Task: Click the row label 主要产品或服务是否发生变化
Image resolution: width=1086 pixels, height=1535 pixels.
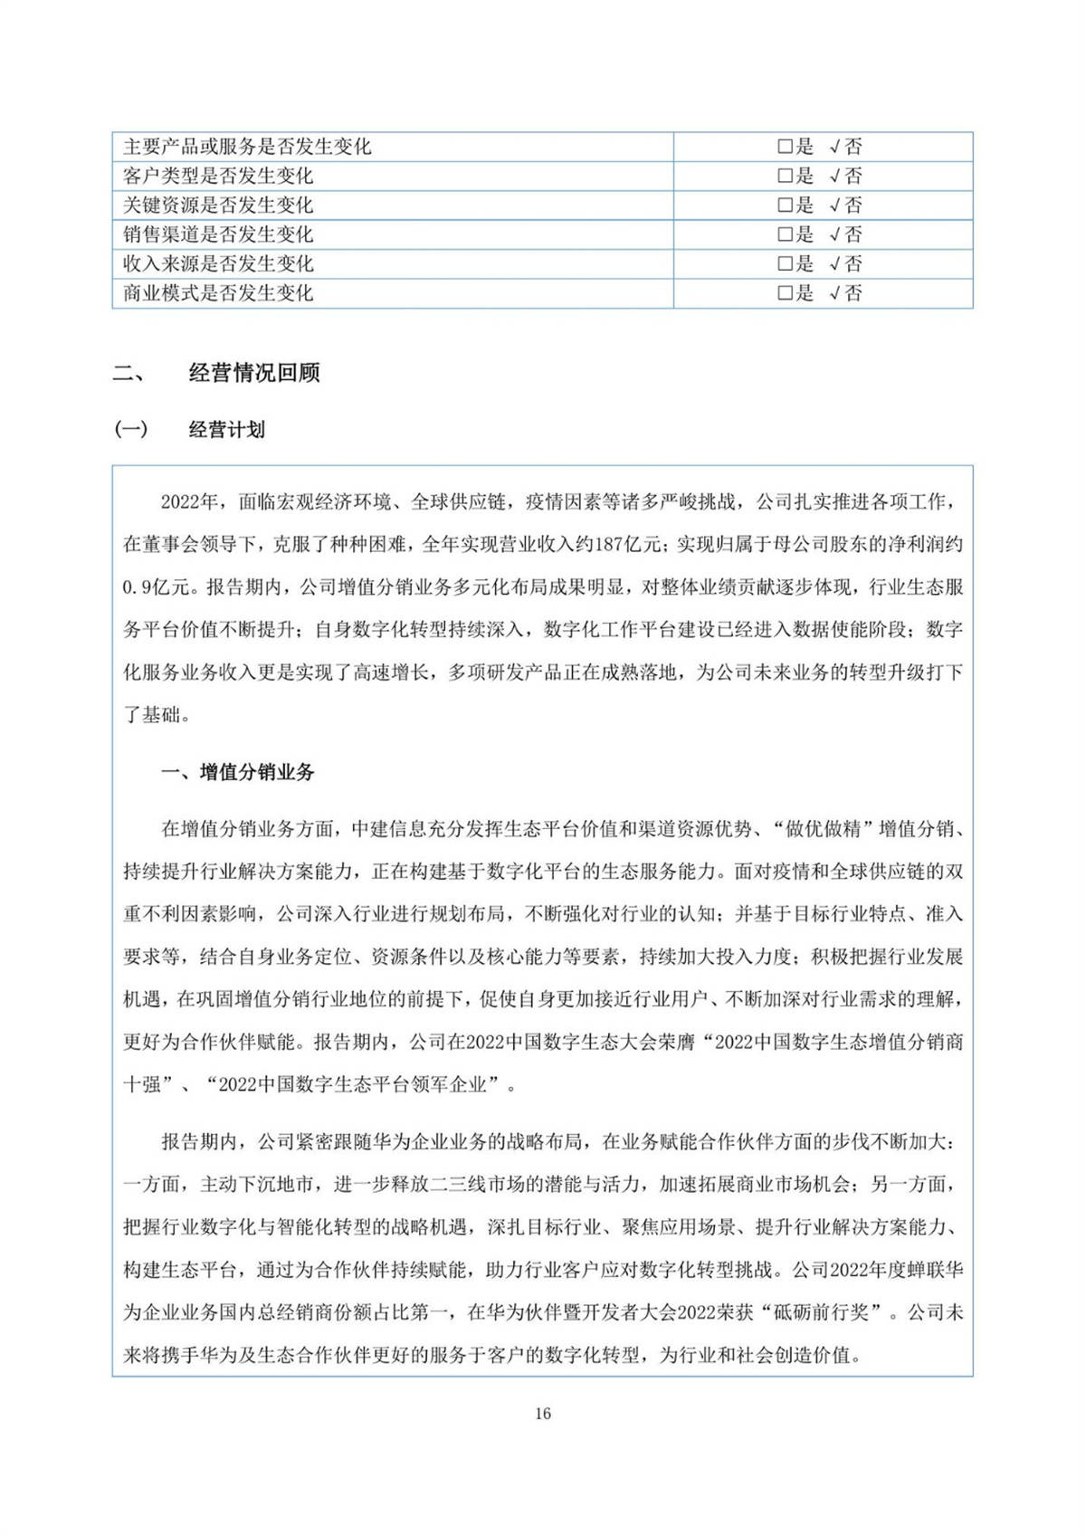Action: (247, 147)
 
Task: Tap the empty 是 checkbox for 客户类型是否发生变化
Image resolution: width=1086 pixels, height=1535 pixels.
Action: (785, 176)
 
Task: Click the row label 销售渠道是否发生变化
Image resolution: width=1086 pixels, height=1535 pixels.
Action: (218, 234)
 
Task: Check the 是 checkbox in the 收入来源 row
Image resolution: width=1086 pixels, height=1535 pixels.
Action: (785, 264)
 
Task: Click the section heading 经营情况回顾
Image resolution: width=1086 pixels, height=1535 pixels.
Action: (254, 373)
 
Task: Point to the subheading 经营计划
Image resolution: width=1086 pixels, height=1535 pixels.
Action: (227, 430)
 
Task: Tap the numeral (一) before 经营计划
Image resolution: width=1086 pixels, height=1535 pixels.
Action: (131, 430)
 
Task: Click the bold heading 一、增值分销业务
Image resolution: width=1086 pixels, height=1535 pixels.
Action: (238, 772)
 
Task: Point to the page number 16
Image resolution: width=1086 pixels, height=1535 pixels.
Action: (543, 1414)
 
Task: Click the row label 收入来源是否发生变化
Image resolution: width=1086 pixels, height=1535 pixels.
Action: (218, 264)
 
